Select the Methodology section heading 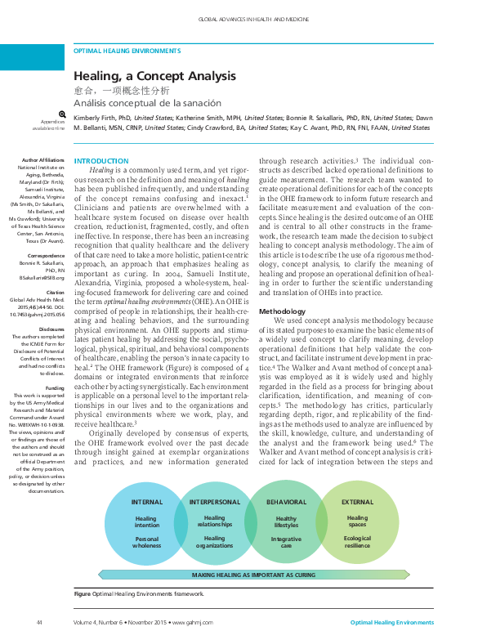point(283,311)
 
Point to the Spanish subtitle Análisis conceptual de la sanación point(147,104)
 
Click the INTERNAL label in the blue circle point(147,479)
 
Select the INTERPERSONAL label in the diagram point(214,479)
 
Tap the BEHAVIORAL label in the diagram point(286,479)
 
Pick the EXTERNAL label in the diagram point(357,479)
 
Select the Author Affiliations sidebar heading point(43,160)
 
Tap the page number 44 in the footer point(38,623)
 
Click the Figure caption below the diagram point(138,593)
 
